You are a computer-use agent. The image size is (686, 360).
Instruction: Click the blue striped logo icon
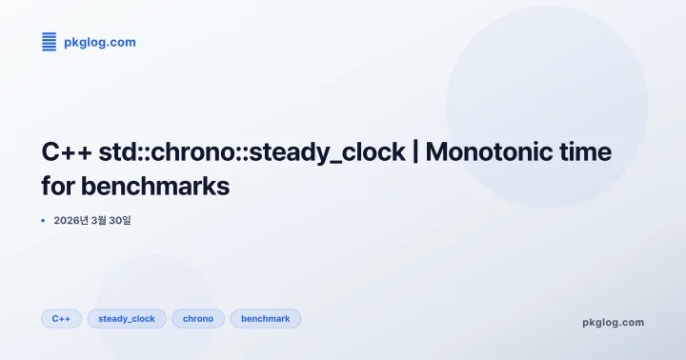pos(49,41)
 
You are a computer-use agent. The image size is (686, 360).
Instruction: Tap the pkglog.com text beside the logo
pos(99,42)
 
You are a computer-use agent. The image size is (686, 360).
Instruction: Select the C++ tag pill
pos(61,318)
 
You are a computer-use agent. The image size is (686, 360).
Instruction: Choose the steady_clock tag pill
pos(127,318)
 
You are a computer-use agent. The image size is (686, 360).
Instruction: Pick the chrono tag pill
pos(198,318)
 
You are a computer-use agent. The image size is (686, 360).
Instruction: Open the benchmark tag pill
pos(265,318)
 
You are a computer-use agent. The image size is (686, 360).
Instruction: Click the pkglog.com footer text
pos(613,322)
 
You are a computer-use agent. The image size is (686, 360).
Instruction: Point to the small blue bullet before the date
pos(43,220)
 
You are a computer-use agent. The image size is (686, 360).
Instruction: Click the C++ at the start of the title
pos(67,151)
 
